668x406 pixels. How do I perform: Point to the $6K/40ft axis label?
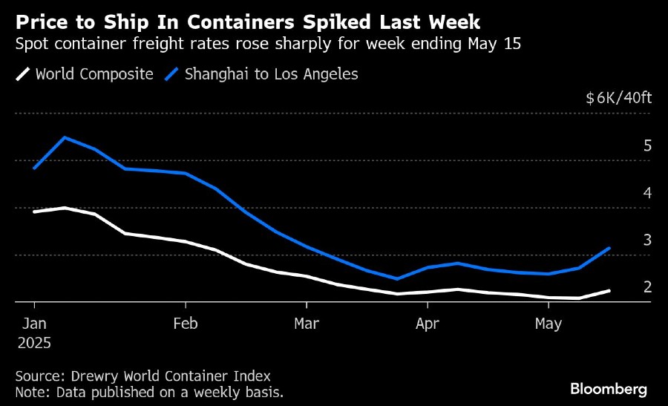click(x=618, y=98)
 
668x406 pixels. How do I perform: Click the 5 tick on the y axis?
click(x=647, y=145)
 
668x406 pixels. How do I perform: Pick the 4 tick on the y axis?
click(x=647, y=193)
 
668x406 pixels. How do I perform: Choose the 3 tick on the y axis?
click(x=647, y=240)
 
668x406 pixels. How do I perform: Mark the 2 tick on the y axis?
click(x=647, y=287)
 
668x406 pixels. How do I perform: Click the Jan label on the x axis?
click(x=34, y=324)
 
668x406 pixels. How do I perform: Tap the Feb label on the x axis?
click(x=185, y=324)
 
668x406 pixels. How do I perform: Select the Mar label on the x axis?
click(x=306, y=324)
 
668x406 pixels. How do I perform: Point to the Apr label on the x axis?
click(x=427, y=324)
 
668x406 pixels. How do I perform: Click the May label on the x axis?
click(x=548, y=324)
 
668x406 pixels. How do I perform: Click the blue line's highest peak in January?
click(x=65, y=137)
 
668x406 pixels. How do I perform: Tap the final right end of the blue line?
click(x=609, y=248)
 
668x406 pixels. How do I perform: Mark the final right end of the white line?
click(x=609, y=290)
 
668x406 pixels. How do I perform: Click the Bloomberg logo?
click(x=609, y=389)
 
